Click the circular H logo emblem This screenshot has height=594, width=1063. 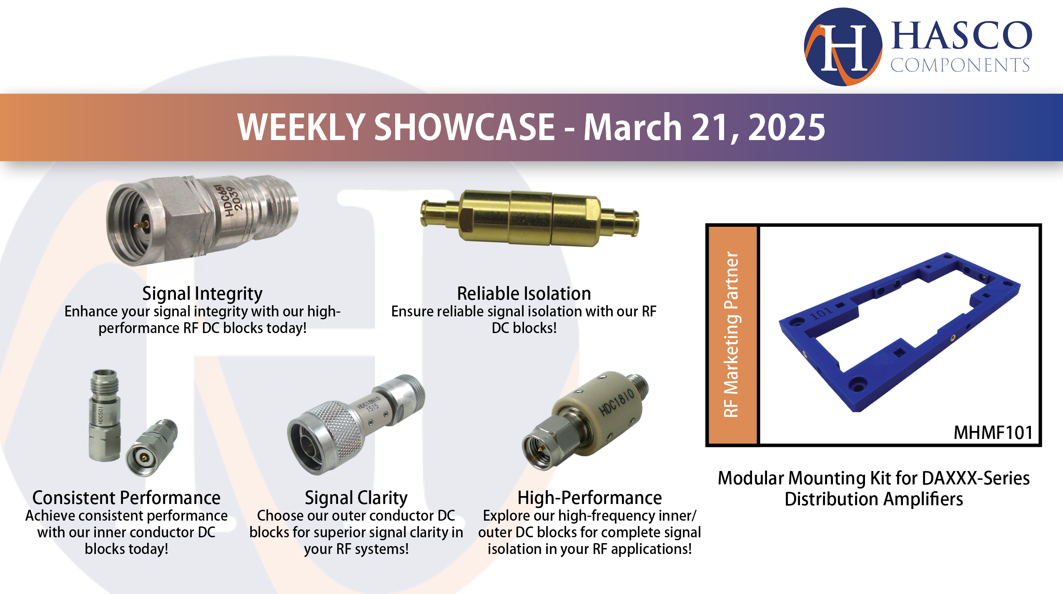842,47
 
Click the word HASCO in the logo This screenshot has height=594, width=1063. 961,36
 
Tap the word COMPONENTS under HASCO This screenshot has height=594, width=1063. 960,65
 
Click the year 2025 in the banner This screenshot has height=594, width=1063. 786,127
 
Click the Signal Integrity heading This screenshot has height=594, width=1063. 202,293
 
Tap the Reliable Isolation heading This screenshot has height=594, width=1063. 524,293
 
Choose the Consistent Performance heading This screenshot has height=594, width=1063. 126,498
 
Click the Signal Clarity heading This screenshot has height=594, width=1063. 356,498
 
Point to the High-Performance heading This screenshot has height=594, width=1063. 589,498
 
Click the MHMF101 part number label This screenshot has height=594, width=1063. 993,433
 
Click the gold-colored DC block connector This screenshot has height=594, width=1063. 529,218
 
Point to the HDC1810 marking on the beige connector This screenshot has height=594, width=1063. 617,402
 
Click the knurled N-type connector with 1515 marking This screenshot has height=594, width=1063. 354,425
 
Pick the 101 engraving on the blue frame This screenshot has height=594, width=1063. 821,313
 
